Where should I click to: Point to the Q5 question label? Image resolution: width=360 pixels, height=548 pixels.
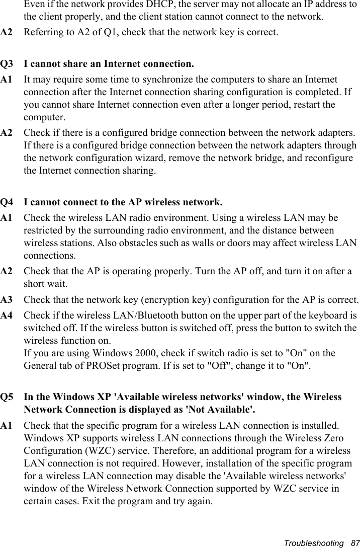point(7,397)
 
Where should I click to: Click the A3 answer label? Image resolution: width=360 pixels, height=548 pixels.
point(7,300)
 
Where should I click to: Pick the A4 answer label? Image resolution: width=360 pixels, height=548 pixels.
point(7,316)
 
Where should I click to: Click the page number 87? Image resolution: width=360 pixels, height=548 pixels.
point(355,543)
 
